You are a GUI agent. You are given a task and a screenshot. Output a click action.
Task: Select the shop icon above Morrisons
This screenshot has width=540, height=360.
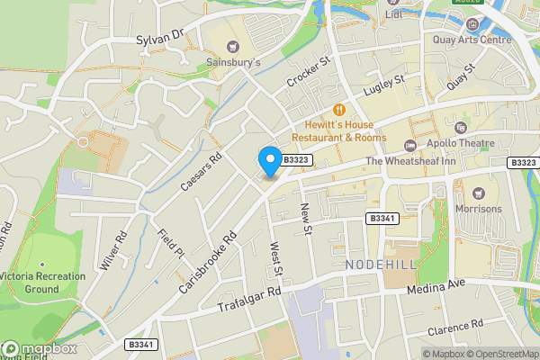pos(478,193)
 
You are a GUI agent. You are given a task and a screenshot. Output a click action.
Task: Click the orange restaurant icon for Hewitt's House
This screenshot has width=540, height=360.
pos(339,110)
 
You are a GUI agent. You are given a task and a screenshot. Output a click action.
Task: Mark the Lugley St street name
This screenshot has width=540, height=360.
pos(384,88)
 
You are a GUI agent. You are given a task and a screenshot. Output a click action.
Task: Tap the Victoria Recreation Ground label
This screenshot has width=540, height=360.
pos(41,283)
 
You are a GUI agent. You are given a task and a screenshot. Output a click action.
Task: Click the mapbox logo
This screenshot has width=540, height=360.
pos(39,349)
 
